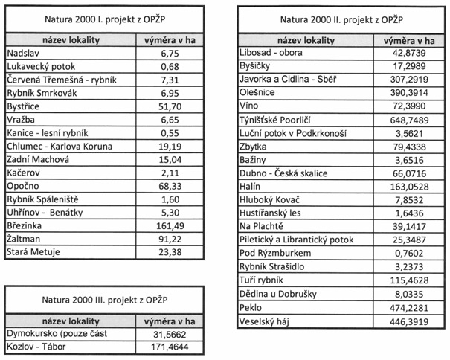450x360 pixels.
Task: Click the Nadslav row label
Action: (x=22, y=54)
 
